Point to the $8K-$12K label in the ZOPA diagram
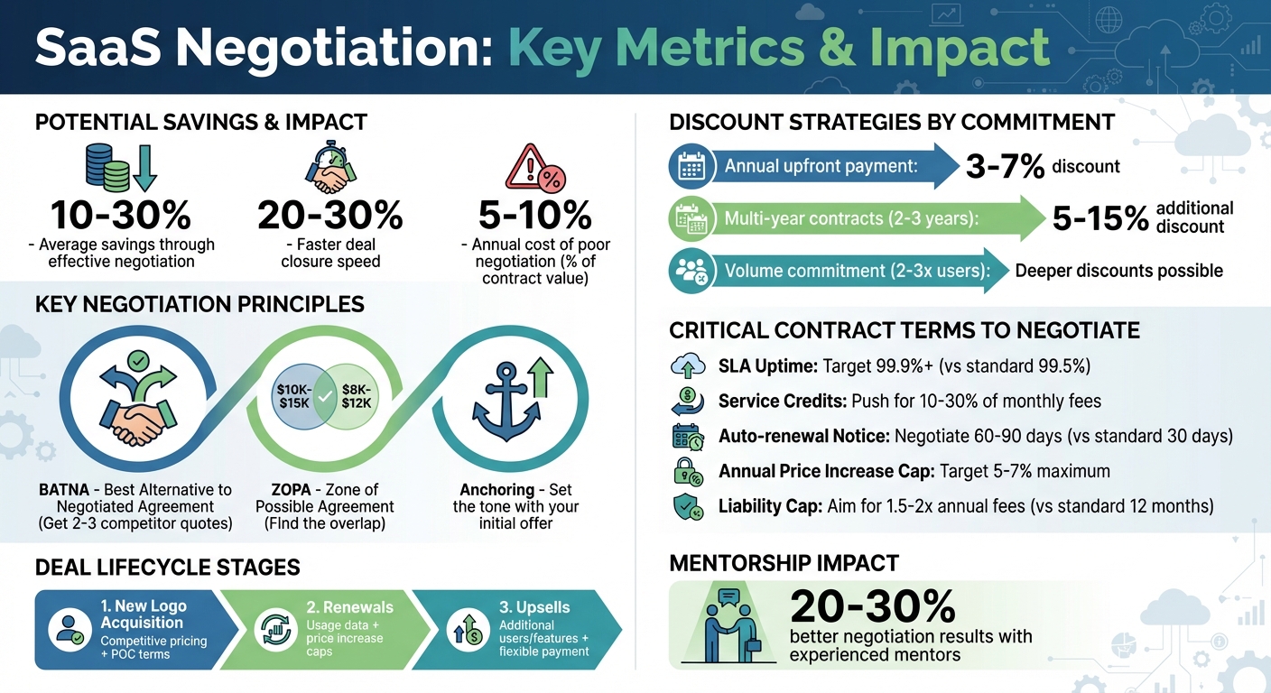pos(356,394)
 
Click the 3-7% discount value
pos(1006,166)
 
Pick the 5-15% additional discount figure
pos(1099,217)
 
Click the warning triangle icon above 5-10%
pos(533,168)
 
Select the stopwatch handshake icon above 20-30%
pos(329,168)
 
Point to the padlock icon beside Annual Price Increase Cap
pos(688,472)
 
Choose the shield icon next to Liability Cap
pos(688,506)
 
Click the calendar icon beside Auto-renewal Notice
pos(688,437)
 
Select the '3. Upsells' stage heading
pos(534,607)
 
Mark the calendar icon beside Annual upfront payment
pos(691,167)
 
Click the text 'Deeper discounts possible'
pos(1118,271)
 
